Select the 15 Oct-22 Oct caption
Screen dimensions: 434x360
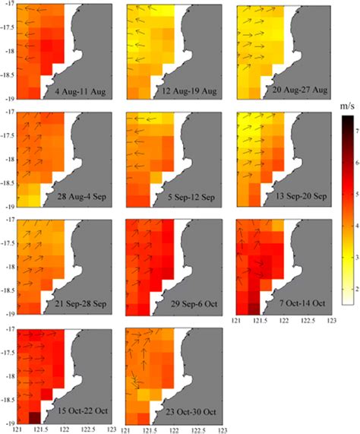pos(75,411)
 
